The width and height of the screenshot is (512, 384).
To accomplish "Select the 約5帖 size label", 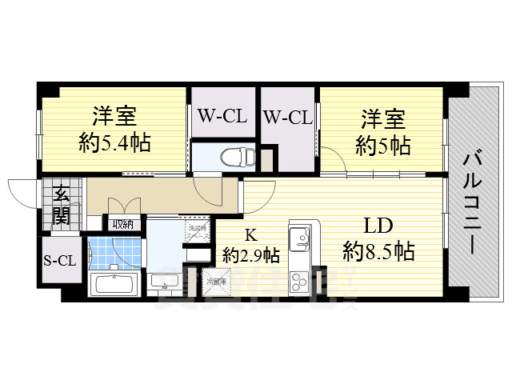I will coord(383,146).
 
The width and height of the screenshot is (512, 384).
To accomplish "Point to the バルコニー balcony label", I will coord(471,200).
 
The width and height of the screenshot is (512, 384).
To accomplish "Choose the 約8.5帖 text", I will coord(378,252).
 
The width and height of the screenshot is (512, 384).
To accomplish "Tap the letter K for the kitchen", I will coord(250,235).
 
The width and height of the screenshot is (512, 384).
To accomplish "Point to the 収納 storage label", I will coord(122,225).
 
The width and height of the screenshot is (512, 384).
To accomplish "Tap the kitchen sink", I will coord(301,238).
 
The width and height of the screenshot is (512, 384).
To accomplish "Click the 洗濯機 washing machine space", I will coord(197,232).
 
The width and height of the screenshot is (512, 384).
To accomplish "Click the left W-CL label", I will coord(222,118).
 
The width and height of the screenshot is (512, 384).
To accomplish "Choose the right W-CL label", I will coord(286,118).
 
